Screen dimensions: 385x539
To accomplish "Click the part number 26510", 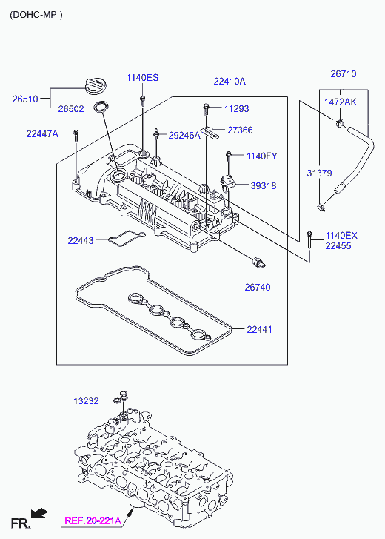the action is point(25,99).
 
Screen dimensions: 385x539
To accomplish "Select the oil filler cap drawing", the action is point(96,86).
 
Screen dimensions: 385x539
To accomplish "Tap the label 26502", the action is point(71,109).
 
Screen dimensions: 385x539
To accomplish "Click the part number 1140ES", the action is point(143,78).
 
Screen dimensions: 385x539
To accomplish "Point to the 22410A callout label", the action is point(230,82).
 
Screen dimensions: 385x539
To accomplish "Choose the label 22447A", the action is point(42,133).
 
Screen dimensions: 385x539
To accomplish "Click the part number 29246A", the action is point(184,136).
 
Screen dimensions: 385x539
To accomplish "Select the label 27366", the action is point(240,130).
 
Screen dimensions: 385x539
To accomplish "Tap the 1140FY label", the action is point(262,156).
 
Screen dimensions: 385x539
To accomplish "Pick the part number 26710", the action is point(344,74).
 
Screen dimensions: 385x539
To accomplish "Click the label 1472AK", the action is point(341,102).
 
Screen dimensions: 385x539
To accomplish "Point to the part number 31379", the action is point(319,173).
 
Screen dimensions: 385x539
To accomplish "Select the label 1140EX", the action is point(341,236).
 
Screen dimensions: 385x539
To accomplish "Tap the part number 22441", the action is point(259,330).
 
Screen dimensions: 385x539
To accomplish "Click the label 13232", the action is point(86,401).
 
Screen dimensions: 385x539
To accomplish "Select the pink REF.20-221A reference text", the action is point(93,520).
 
